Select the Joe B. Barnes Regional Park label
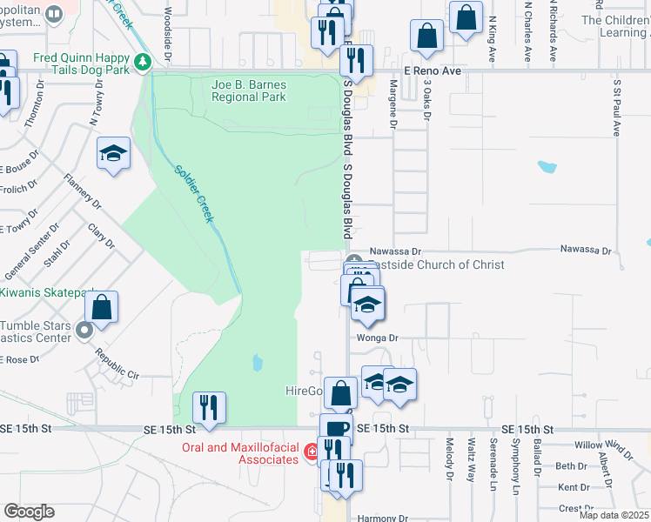pos(249,90)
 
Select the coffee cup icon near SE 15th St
pos(336,429)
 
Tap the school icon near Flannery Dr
pos(113,154)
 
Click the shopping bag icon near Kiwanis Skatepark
pos(101,307)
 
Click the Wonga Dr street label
pos(377,338)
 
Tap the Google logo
pos(30,512)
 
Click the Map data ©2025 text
pos(614,515)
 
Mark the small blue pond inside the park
pos(256,361)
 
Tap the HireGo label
pos(305,390)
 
